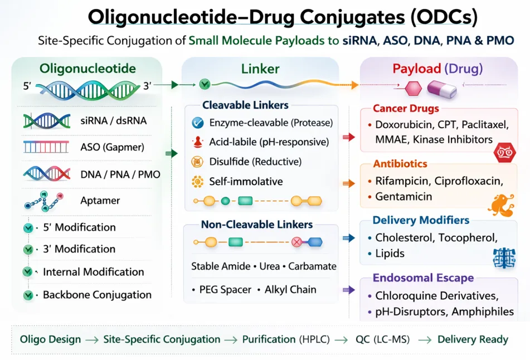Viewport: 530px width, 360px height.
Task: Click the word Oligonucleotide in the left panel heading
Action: (x=87, y=69)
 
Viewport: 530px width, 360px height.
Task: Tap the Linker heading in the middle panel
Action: (x=260, y=69)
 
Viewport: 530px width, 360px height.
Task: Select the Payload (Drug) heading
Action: (x=437, y=69)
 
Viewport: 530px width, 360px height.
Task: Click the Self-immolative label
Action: (x=246, y=181)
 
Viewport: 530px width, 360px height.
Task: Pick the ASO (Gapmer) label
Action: (x=112, y=148)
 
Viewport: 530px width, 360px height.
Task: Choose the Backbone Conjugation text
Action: (x=97, y=294)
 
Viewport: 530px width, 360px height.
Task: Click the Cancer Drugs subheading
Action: (x=406, y=108)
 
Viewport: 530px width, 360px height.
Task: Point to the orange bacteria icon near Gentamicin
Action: (x=500, y=205)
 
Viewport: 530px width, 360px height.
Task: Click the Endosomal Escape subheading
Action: (x=423, y=278)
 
